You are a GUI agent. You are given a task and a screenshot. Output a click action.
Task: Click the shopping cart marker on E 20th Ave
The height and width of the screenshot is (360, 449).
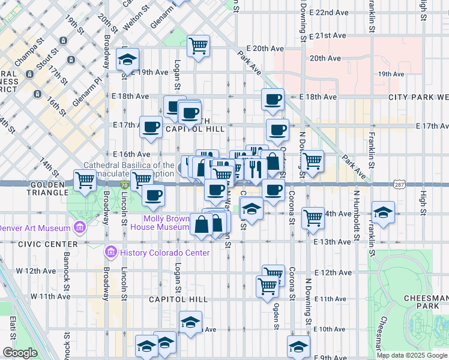click(x=198, y=46)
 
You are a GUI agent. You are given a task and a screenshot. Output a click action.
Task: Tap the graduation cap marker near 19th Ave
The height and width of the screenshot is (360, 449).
click(x=127, y=59)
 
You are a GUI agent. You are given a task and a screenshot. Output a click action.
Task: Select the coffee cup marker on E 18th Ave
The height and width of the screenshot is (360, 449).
click(x=273, y=99)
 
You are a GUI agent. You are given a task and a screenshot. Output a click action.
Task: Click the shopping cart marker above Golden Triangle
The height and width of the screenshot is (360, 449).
click(x=85, y=180)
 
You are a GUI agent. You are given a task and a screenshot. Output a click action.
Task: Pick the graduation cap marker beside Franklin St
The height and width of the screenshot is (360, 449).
click(x=383, y=212)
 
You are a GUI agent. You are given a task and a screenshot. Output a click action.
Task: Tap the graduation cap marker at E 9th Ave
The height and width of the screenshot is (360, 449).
click(x=298, y=346)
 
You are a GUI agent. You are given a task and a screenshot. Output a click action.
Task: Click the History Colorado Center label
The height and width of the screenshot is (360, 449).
click(x=157, y=253)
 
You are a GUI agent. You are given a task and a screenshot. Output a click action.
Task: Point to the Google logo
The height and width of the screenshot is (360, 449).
click(x=20, y=353)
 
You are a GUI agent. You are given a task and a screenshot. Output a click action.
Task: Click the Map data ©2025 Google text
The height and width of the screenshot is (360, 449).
click(x=411, y=355)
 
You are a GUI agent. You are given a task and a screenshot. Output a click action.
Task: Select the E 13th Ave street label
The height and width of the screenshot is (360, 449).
click(x=332, y=242)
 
